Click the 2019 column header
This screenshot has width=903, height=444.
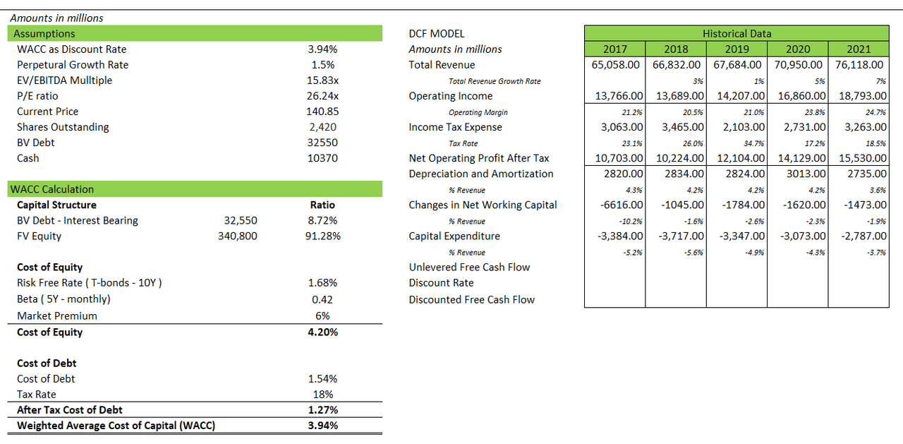(x=737, y=49)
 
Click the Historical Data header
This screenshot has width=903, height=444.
(x=737, y=33)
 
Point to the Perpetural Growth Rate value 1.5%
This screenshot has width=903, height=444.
(x=322, y=65)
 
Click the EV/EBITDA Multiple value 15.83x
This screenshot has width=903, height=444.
(x=322, y=80)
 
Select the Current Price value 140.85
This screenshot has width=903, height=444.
(x=322, y=112)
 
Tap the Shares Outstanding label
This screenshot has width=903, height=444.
(x=63, y=127)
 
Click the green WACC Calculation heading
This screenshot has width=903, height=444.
(x=51, y=189)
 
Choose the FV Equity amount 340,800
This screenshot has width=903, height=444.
(x=238, y=236)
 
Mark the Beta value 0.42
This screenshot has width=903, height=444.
(x=322, y=299)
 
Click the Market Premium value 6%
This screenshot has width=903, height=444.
(x=322, y=316)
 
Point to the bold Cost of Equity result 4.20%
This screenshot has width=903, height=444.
(x=322, y=332)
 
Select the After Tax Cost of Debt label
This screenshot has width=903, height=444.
(x=70, y=409)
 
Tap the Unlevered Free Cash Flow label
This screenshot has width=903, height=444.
(x=469, y=267)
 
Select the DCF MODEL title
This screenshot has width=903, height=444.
(x=437, y=33)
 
